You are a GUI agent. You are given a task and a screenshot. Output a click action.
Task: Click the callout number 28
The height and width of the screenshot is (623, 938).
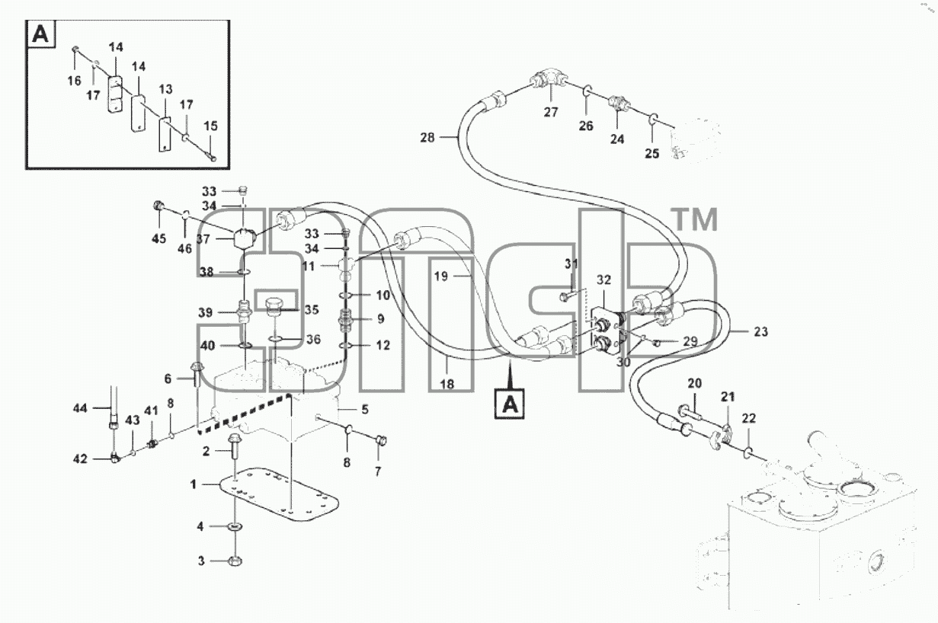tap(427, 137)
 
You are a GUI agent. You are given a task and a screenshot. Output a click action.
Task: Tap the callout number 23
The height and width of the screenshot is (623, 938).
tap(761, 331)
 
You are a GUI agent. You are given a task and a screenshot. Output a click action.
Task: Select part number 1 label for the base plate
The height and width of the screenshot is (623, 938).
tap(193, 484)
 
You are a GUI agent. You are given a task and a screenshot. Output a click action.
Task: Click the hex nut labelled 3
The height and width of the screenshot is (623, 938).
tap(235, 561)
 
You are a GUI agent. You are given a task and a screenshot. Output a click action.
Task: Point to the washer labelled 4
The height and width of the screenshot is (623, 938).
tap(235, 526)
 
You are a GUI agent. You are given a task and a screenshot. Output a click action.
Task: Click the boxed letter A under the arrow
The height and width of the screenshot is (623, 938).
tap(510, 404)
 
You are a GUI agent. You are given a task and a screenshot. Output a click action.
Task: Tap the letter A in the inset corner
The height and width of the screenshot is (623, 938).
tap(40, 34)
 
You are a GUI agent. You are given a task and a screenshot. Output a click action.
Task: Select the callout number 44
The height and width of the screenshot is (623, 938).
tap(80, 407)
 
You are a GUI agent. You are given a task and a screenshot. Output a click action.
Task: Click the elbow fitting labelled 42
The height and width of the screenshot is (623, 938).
tap(115, 458)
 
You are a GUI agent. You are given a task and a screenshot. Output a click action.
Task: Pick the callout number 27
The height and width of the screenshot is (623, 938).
tap(551, 112)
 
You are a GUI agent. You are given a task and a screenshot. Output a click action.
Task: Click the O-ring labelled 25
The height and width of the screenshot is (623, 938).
tap(653, 119)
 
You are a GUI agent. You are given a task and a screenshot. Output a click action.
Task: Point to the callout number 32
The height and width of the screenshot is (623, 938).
tap(603, 280)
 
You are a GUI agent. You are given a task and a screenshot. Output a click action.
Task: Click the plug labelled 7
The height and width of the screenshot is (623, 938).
tap(381, 440)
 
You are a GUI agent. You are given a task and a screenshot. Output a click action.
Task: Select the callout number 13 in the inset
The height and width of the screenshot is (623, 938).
tap(165, 89)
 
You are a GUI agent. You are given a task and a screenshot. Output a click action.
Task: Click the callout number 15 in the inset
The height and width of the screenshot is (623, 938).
tap(210, 126)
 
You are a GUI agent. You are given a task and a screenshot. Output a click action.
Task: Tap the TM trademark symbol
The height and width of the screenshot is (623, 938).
tap(695, 219)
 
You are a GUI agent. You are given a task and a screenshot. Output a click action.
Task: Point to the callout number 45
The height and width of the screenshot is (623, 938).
tap(158, 238)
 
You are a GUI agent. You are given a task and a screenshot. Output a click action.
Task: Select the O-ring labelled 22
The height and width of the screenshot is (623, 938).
tap(748, 452)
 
